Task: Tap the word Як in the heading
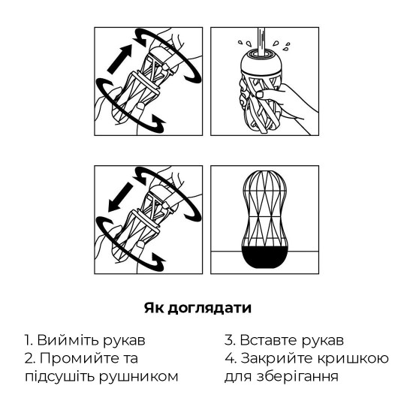point(155,309)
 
